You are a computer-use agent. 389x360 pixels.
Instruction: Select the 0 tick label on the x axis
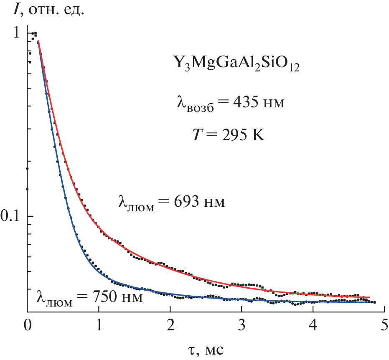[27, 325]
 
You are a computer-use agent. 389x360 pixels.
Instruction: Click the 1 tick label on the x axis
[99, 325]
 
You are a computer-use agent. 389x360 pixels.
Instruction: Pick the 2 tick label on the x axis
[170, 325]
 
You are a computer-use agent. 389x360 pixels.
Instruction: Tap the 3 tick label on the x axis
[242, 325]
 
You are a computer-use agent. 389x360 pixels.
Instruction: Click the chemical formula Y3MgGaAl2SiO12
[236, 66]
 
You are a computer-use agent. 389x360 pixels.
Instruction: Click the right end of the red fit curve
[369, 297]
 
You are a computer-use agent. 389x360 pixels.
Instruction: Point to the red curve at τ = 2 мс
[170, 268]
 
